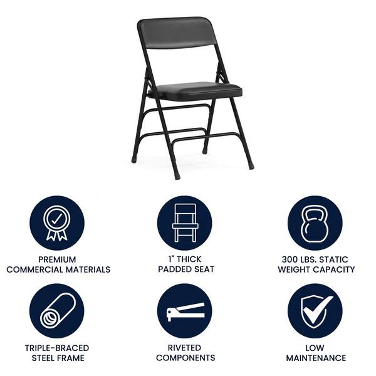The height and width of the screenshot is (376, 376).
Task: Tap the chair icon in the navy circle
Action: point(185,223)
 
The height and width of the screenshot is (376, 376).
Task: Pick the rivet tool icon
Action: point(185,311)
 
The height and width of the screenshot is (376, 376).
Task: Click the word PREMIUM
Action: point(57,259)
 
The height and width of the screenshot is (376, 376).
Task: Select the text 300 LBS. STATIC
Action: point(316,259)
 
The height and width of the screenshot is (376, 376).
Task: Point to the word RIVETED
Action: point(185,348)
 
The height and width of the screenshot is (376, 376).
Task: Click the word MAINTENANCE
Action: point(316,358)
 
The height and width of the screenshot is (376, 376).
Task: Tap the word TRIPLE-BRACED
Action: point(57,348)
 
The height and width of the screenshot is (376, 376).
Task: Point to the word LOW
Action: point(316,348)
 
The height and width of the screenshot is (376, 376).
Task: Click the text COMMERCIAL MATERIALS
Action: point(58,269)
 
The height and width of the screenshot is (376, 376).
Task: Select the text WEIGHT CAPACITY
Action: point(316,269)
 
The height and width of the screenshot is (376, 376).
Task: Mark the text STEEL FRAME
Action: point(57,358)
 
